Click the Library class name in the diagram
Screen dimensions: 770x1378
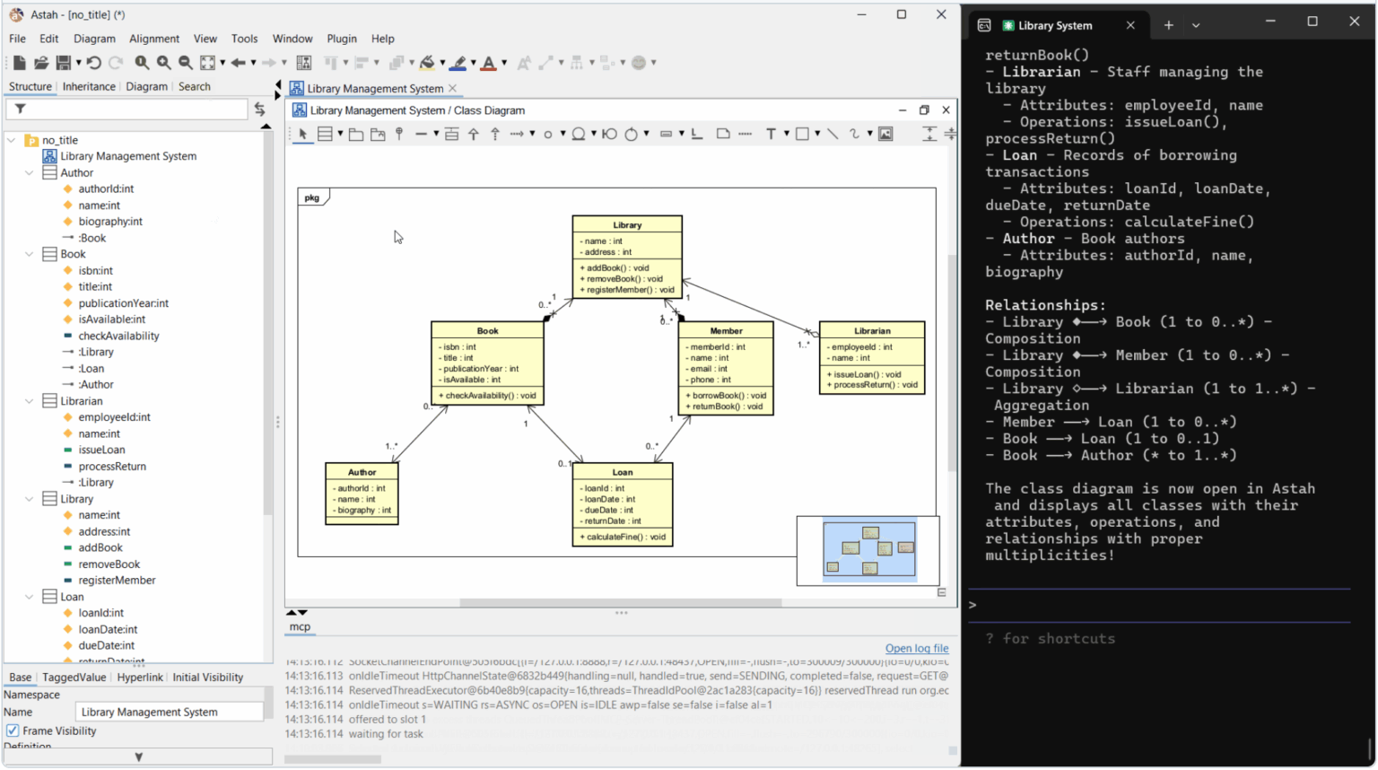pyautogui.click(x=627, y=225)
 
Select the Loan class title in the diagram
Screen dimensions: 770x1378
pyautogui.click(x=623, y=472)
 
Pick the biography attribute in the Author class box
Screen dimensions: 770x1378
pyautogui.click(x=364, y=511)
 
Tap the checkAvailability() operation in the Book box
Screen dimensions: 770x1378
pyautogui.click(x=491, y=396)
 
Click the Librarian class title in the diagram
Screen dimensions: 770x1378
pyautogui.click(x=872, y=331)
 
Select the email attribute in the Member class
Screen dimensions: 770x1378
pyautogui.click(x=709, y=369)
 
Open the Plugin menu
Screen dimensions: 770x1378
pyautogui.click(x=342, y=39)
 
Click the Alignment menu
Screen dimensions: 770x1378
pyautogui.click(x=154, y=39)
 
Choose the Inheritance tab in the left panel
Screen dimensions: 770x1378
pyautogui.click(x=89, y=87)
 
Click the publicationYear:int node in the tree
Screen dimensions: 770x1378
pyautogui.click(x=123, y=303)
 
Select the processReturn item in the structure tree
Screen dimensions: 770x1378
pyautogui.click(x=112, y=467)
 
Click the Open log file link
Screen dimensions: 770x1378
pyautogui.click(x=916, y=648)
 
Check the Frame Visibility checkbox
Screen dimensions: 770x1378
pyautogui.click(x=13, y=731)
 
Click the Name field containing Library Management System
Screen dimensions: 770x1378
pyautogui.click(x=169, y=712)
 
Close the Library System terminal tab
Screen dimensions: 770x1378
pyautogui.click(x=1130, y=26)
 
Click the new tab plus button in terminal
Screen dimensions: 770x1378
pyautogui.click(x=1168, y=26)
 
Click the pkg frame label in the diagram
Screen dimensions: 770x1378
pyautogui.click(x=312, y=197)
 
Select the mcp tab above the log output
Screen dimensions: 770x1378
pyautogui.click(x=300, y=627)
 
